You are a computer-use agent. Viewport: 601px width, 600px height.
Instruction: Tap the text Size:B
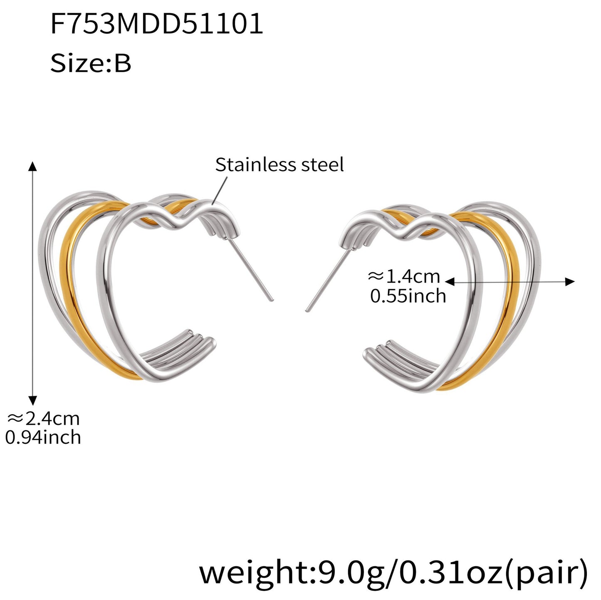(x=91, y=64)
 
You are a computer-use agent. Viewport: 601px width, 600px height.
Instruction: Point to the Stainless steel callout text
(x=279, y=164)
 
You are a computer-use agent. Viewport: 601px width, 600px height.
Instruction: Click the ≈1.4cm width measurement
(x=404, y=276)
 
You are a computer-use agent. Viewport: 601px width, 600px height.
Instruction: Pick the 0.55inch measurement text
(x=408, y=295)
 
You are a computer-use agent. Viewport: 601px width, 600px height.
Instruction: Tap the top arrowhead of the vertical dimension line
(x=32, y=167)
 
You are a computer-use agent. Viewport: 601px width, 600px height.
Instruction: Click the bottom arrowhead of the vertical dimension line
(x=32, y=401)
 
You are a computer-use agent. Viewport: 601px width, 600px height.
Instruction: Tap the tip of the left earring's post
(x=272, y=300)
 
